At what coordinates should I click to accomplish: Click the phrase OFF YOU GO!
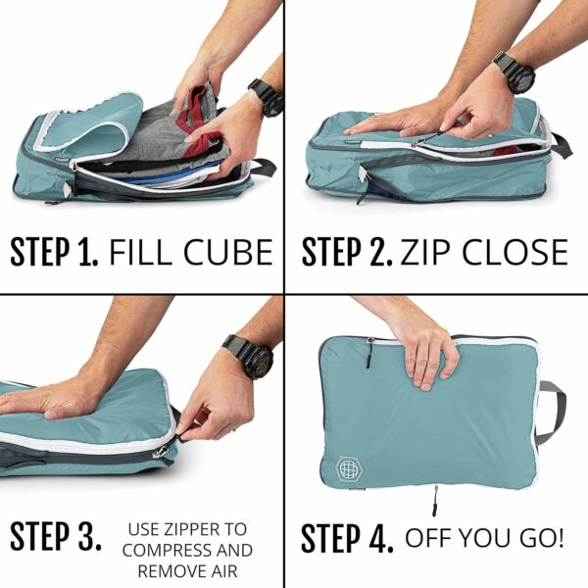point(484,537)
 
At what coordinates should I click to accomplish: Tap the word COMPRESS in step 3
point(187,550)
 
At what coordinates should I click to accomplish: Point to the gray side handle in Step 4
point(552,413)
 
